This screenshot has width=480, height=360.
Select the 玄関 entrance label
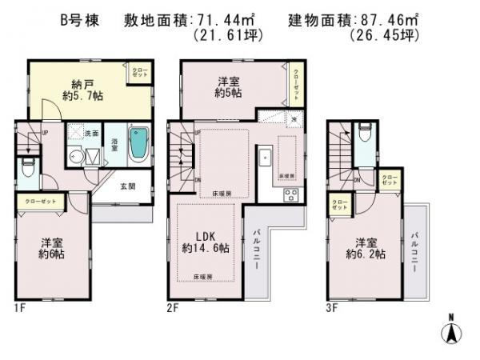128,186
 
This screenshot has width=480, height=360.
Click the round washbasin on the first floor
77,156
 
